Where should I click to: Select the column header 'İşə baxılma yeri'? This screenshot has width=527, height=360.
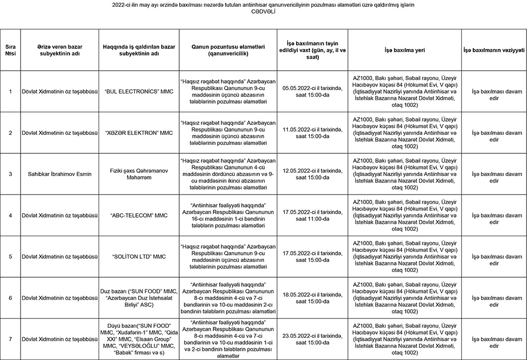pyautogui.click(x=404, y=50)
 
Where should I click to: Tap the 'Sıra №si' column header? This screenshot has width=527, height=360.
pyautogui.click(x=11, y=50)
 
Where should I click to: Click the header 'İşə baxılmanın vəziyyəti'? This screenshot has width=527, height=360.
pyautogui.click(x=494, y=50)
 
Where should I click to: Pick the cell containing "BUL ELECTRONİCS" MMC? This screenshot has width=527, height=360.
pyautogui.click(x=139, y=91)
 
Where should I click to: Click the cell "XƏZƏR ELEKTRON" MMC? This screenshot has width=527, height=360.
pyautogui.click(x=139, y=132)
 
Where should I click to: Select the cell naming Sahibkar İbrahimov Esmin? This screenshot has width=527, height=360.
pyautogui.click(x=60, y=173)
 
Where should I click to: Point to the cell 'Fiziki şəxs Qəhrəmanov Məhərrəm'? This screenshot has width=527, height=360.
pyautogui.click(x=139, y=173)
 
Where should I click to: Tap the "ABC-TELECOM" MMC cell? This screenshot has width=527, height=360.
pyautogui.click(x=139, y=215)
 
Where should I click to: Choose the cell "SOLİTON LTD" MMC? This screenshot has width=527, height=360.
pyautogui.click(x=139, y=257)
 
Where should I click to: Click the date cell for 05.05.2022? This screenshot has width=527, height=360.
pyautogui.click(x=313, y=91)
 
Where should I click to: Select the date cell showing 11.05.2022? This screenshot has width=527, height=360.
pyautogui.click(x=313, y=132)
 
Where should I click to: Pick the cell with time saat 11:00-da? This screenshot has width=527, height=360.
pyautogui.click(x=313, y=215)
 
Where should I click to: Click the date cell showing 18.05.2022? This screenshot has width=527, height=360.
pyautogui.click(x=313, y=298)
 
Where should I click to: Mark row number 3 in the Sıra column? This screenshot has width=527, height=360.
pyautogui.click(x=11, y=173)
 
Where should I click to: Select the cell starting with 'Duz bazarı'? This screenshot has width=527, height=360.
pyautogui.click(x=139, y=298)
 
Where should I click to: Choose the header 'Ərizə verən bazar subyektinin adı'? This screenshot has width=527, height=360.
pyautogui.click(x=60, y=50)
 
